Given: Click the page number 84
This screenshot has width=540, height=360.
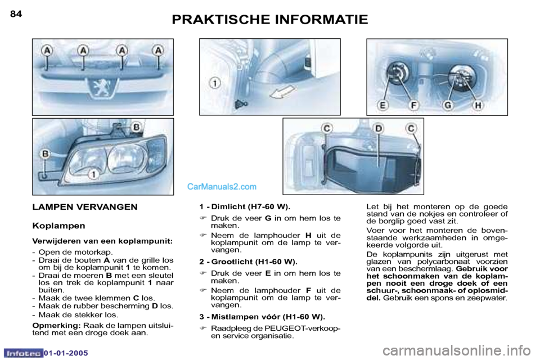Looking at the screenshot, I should click(16, 14).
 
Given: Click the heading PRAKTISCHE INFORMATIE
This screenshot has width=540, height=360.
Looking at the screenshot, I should click(270, 20).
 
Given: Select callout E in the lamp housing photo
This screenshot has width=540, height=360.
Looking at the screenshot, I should click(382, 105).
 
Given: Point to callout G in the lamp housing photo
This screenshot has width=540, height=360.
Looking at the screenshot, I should click(448, 105).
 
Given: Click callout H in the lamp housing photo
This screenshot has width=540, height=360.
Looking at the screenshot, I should click(478, 105).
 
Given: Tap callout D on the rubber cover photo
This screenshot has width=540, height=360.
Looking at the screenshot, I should click(379, 129).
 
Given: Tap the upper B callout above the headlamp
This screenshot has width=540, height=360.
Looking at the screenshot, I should click(136, 128).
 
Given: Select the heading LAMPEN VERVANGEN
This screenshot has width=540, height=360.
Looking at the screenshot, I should click(84, 207).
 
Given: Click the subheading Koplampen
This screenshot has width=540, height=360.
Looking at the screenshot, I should click(58, 226).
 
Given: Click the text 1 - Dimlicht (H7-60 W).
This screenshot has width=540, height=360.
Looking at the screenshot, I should click(245, 207).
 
